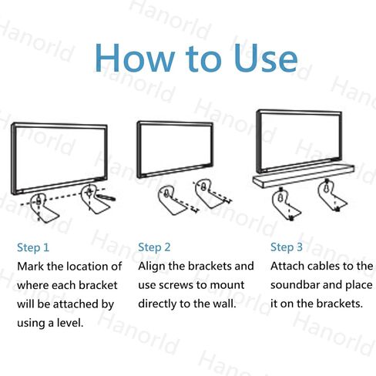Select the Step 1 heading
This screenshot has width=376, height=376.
tap(33, 247)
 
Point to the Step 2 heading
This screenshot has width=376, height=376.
tap(154, 247)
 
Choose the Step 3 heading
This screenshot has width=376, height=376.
tap(287, 247)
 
